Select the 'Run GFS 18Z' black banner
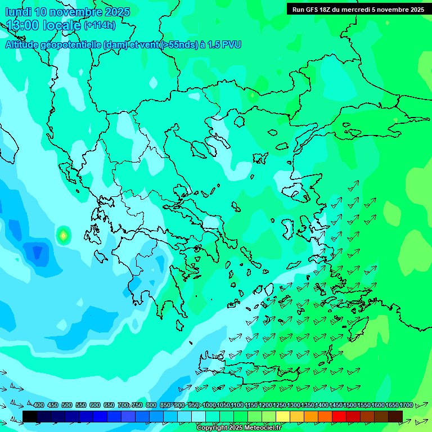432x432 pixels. coord(358,9)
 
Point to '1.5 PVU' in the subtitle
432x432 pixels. coord(224,44)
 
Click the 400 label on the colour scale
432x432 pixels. coord(39,405)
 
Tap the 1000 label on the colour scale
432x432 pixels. coord(209,405)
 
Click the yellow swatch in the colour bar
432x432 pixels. coord(283,416)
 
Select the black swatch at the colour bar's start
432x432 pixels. coord(30,416)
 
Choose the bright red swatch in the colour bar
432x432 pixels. coord(339,416)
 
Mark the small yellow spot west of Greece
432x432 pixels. coord(63,235)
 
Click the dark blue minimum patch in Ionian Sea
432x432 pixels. coord(37,251)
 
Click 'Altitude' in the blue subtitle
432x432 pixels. coord(25,44)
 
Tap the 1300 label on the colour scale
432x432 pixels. coord(293,405)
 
